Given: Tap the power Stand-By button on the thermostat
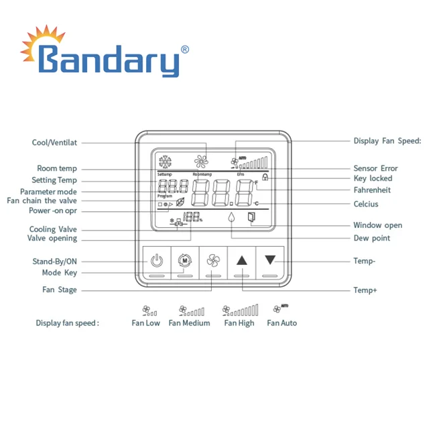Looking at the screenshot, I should (156, 260).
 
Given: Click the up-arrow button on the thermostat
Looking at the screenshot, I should (242, 260).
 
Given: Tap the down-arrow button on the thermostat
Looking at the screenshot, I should (270, 260).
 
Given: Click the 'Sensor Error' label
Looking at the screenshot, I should (375, 168).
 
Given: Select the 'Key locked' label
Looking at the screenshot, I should (373, 178).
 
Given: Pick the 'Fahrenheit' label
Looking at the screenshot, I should (372, 190).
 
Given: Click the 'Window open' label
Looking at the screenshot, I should (377, 225).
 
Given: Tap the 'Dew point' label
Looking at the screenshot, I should (371, 238).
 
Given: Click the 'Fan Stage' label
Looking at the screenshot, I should (60, 290).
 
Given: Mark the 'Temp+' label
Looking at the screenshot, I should (365, 290).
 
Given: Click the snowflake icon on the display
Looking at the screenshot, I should (165, 162).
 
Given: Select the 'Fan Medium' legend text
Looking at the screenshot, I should (189, 323).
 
